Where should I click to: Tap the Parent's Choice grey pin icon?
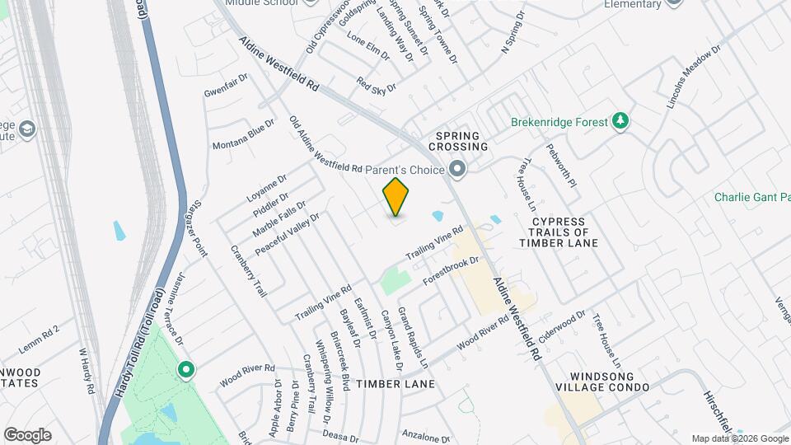tap(458, 171)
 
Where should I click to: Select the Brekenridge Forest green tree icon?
tap(620, 122)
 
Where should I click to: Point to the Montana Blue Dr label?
tap(243, 134)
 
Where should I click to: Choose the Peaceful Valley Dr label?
tap(286, 234)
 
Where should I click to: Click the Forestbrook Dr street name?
tap(451, 271)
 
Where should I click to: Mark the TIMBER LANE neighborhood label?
tap(395, 385)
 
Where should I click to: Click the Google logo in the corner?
tap(27, 434)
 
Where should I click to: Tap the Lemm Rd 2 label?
tap(40, 330)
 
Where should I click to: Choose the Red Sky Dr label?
tap(376, 85)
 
